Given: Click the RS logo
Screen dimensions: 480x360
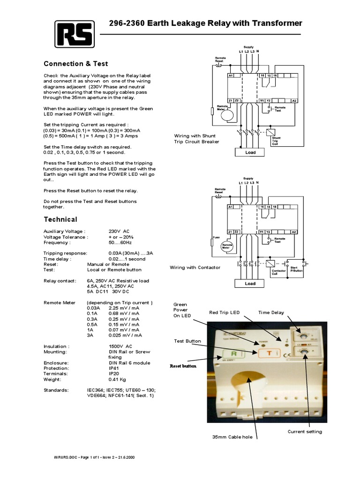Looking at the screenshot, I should [74, 34].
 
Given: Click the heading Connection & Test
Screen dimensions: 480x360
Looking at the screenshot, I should [75, 64].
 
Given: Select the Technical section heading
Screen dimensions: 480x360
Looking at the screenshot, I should [60, 219].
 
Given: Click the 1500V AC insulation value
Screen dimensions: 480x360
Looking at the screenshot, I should [121, 346].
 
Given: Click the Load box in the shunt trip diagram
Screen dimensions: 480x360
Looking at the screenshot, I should [250, 152].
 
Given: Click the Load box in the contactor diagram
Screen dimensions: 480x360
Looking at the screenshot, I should [250, 283].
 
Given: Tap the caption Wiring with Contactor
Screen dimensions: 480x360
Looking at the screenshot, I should [195, 267].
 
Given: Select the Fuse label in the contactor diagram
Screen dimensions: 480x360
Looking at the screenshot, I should [216, 238].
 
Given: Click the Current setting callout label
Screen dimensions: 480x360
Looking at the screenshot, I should [305, 431].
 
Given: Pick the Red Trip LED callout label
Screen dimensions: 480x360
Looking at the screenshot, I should [225, 313].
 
